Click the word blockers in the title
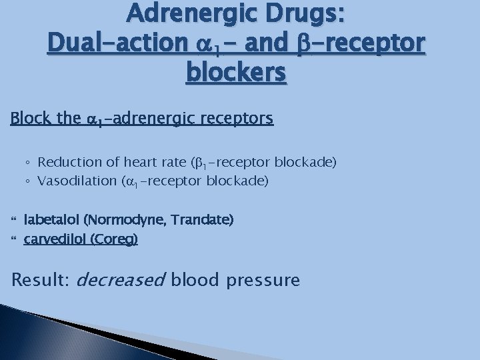point(237,72)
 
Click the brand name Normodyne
point(117,219)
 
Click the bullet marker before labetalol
point(14,219)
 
